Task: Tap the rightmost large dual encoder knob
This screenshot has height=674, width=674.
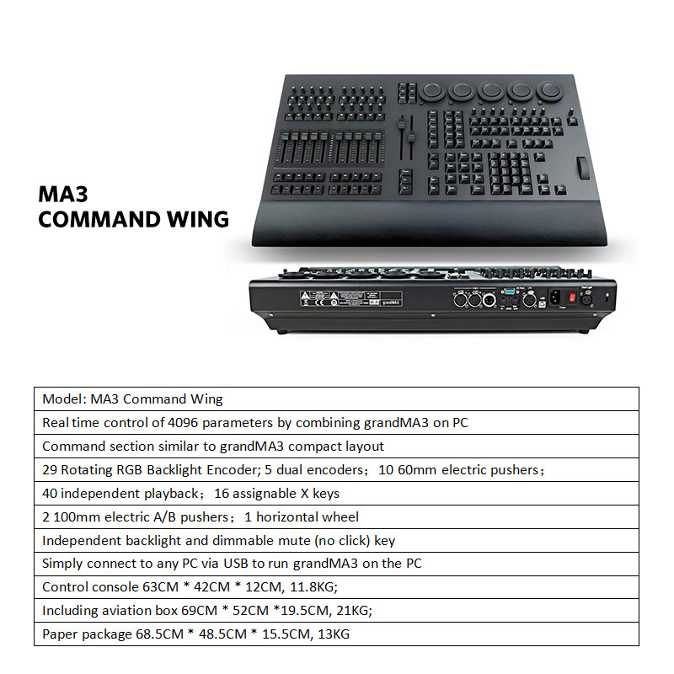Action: click(x=548, y=89)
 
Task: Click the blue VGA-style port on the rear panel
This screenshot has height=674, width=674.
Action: click(x=508, y=296)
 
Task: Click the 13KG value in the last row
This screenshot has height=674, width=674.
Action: click(x=332, y=634)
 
